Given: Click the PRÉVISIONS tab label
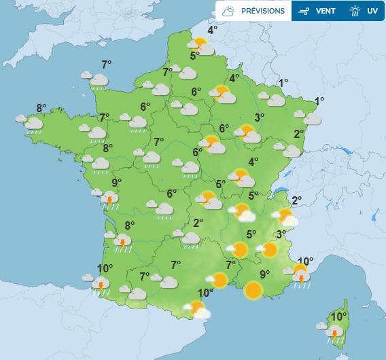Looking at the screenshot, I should click(263, 11).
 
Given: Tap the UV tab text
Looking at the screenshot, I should click(372, 11).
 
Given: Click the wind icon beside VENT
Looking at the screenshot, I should click(304, 11).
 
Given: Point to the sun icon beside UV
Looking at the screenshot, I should click(355, 11).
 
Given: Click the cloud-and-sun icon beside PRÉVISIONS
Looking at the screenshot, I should click(228, 11).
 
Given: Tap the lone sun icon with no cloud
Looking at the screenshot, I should click(253, 291).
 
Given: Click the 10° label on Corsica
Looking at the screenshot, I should click(338, 317).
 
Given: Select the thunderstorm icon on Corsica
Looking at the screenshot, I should click(334, 333).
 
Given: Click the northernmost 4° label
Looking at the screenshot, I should click(213, 30).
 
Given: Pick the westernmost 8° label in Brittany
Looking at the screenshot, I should click(41, 107).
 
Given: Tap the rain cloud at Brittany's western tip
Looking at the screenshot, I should click(32, 124).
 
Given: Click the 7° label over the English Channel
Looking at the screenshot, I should click(106, 65).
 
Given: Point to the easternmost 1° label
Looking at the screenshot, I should click(319, 101).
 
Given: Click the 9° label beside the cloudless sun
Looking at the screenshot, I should click(264, 274).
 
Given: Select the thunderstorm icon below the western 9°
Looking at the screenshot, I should click(109, 198).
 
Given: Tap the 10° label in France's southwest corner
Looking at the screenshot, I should click(104, 268).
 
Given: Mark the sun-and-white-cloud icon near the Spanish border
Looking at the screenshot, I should click(199, 310).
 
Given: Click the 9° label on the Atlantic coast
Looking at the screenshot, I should click(116, 182).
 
